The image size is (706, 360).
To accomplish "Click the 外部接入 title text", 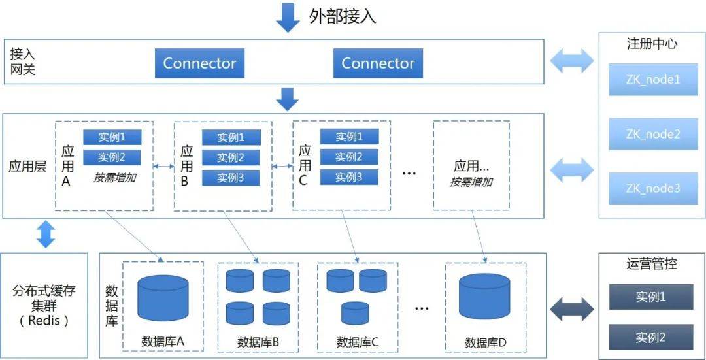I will coord(343,16).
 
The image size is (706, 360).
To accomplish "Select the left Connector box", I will coord(199,64).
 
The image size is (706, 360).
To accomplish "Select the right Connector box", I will coord(378,64).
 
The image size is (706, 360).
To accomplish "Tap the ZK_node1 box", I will coord(653,80).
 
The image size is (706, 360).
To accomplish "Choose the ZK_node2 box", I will coord(653,134).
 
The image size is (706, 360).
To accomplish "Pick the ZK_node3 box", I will coord(653,188).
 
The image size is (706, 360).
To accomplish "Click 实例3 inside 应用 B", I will coord(231,178).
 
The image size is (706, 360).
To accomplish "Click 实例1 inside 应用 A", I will coord(112,137).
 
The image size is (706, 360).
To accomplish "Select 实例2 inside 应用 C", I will coord(349,157).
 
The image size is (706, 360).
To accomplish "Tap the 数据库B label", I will coord(258,342).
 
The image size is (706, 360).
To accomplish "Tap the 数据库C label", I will coord(358,342).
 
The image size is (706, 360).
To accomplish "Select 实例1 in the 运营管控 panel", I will coord(650,297).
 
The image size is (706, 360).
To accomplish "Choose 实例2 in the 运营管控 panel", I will coord(650,338).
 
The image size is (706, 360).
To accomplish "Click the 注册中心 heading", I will coord(652,44).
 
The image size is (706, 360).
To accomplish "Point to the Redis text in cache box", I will coord(44,321).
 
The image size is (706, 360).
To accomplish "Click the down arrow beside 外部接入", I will coord(288,18).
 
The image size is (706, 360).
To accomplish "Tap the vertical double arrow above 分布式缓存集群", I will coord(45,233).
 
